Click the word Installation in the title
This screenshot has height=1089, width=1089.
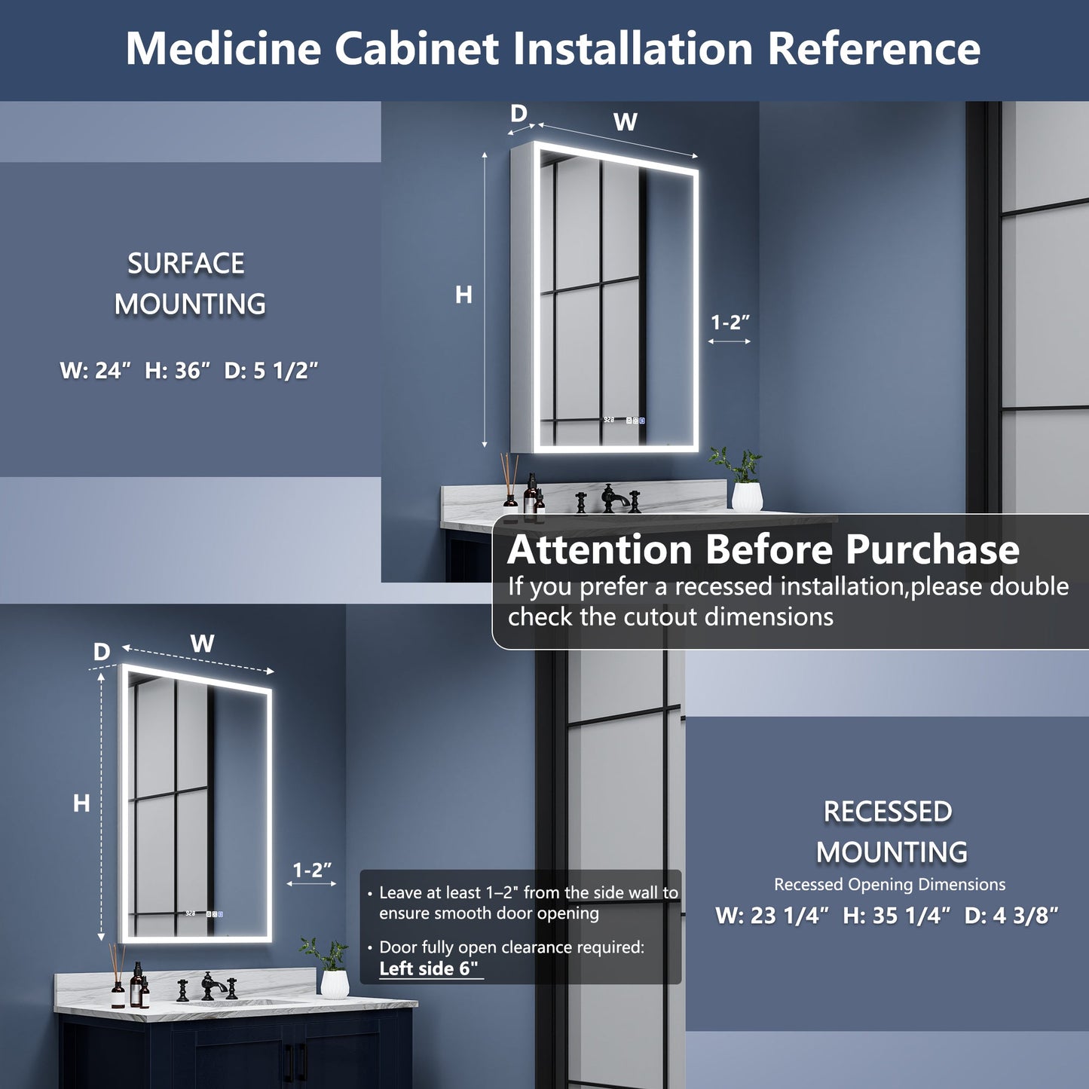click(633, 49)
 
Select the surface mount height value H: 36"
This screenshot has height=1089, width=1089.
click(177, 371)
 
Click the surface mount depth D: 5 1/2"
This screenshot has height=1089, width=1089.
click(271, 371)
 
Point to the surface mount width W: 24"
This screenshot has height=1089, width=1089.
click(96, 371)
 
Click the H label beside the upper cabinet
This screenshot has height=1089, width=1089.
click(463, 295)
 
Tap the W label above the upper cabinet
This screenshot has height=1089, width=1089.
click(625, 121)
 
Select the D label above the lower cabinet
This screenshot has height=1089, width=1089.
click(102, 652)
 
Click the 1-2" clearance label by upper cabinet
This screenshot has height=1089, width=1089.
click(730, 323)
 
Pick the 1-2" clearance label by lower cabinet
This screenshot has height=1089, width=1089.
click(312, 870)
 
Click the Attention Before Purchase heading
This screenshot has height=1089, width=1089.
click(763, 549)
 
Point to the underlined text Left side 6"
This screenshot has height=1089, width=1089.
click(429, 968)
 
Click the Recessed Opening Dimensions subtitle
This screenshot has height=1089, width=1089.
click(889, 885)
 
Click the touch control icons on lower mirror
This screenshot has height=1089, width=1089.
click(214, 914)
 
